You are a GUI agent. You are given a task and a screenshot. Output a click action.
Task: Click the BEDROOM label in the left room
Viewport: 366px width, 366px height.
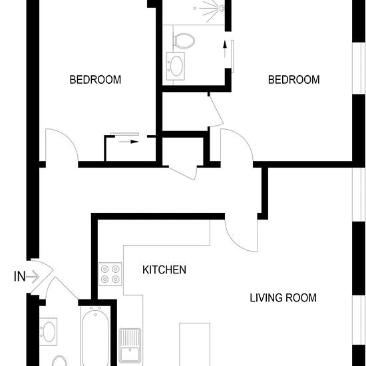coord(95,80)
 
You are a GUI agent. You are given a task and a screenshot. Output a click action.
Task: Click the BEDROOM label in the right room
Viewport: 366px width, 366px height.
coord(293,80)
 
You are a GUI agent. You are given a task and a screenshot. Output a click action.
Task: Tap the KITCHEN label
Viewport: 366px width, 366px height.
coord(164,270)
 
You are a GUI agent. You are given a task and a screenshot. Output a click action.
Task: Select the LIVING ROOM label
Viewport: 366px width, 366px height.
coord(283,298)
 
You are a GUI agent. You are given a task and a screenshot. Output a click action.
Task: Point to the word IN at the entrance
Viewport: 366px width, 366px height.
coord(19,276)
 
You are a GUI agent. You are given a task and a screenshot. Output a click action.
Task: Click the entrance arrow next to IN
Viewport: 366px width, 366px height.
coord(33,277)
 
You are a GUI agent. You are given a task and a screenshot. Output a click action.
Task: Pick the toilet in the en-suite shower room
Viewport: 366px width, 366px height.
coord(184,41)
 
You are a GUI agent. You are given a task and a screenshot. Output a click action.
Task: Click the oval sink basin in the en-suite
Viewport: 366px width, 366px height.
coord(176,66)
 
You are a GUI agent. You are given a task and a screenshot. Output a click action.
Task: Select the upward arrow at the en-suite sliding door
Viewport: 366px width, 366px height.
coord(225,49)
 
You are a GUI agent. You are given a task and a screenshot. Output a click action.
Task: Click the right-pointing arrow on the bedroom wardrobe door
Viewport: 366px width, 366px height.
coord(128,142)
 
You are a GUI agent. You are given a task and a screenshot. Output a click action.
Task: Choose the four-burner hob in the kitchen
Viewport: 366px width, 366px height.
coord(110,274)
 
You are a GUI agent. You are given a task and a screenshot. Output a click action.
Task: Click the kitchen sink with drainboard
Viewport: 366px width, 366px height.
coord(130,345)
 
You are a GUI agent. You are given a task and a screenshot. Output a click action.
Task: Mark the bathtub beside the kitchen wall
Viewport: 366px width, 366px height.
coord(95,336)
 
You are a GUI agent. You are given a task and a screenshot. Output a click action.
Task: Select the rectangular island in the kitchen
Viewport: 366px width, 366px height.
coord(195,345)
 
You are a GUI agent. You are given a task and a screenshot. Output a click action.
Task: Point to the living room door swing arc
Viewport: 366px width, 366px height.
coord(236,242)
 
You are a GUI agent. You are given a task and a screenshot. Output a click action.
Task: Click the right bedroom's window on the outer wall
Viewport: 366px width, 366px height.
coord(359,69)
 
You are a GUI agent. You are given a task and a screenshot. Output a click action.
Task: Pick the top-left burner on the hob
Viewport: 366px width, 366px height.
coord(104,269)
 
